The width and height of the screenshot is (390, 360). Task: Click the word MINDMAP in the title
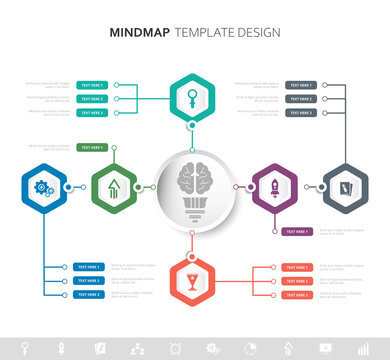click(140, 32)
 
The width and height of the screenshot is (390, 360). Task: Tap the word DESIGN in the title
click(256, 32)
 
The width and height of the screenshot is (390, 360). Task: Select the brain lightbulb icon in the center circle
click(193, 186)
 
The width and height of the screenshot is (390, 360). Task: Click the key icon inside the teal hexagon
click(192, 98)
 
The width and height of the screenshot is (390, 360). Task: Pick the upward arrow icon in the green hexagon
click(113, 186)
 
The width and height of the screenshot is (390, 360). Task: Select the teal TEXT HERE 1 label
click(92, 86)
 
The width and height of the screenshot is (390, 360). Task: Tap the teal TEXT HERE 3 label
click(92, 113)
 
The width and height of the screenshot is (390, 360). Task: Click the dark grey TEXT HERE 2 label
click(301, 99)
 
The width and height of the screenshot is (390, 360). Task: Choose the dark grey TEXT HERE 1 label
click(301, 86)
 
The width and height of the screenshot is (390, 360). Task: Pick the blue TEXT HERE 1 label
click(88, 267)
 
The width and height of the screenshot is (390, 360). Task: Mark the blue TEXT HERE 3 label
click(88, 295)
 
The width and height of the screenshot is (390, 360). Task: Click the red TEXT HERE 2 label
click(296, 281)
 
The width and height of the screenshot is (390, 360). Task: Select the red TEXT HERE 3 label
click(296, 295)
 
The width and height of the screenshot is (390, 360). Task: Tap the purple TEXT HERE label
click(296, 232)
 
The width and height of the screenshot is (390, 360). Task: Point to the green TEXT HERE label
click(89, 148)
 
